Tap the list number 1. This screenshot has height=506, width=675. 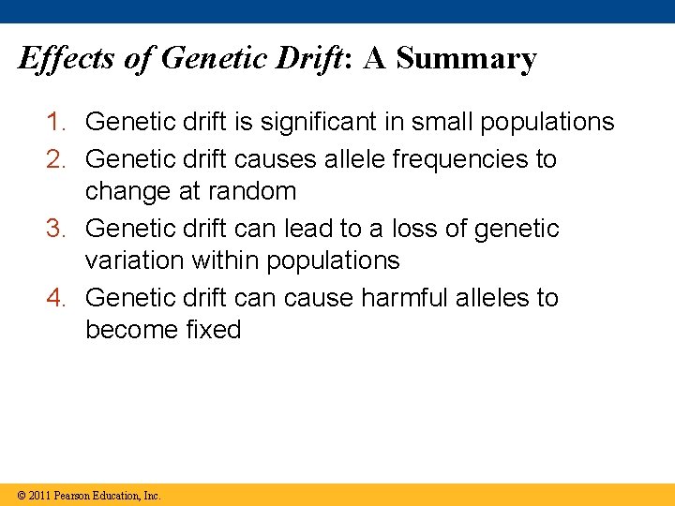pos(58,122)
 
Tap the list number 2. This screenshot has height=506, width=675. pos(58,159)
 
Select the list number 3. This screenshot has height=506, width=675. pos(58,229)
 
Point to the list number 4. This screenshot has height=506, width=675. pos(58,298)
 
